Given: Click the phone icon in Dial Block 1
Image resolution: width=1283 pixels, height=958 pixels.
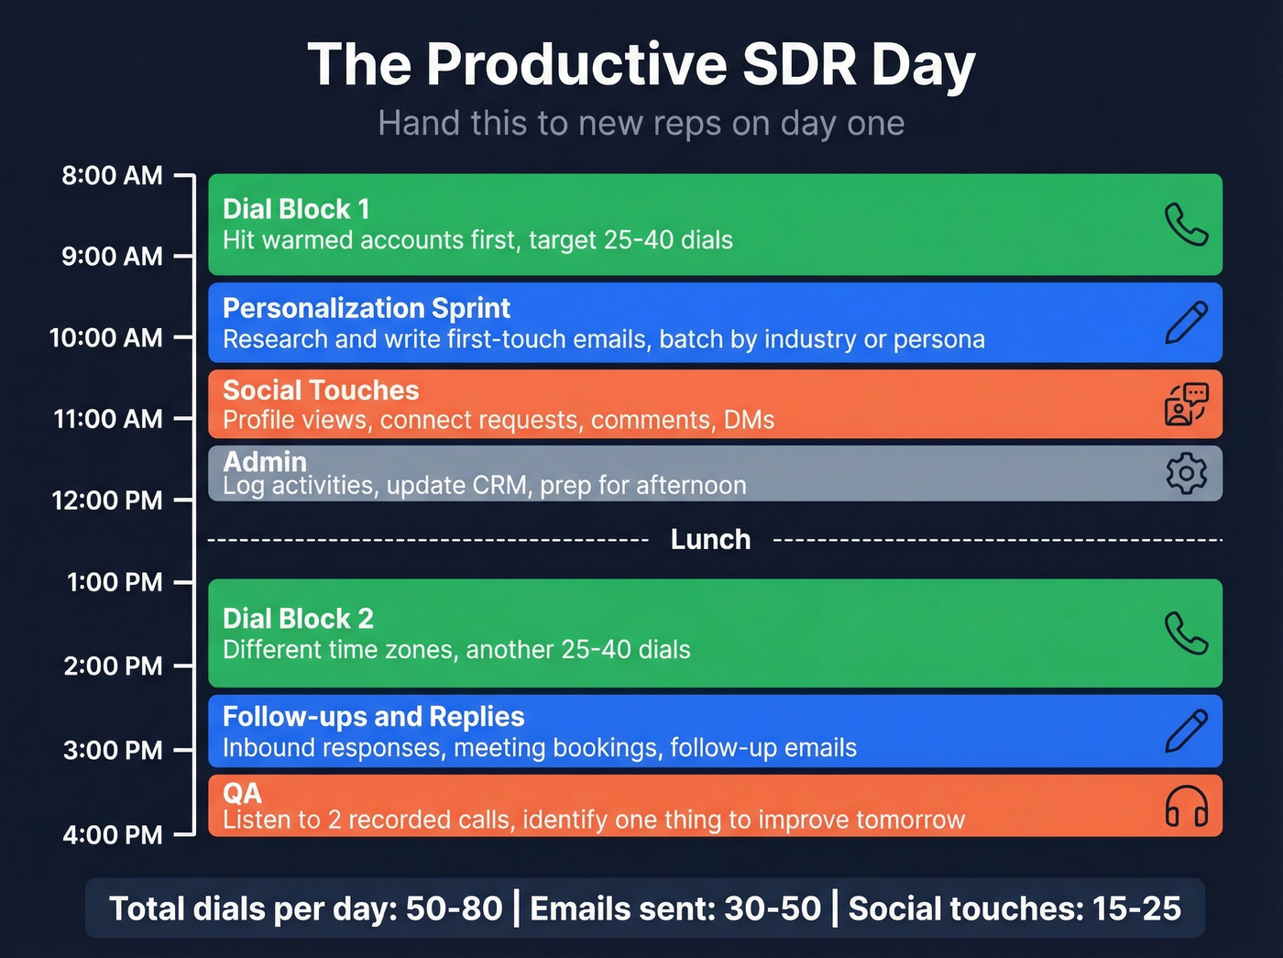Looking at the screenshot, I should tap(1186, 225).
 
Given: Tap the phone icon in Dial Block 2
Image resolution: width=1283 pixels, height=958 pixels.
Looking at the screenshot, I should tap(1186, 633).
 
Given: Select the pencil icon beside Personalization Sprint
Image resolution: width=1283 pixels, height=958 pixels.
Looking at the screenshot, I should tap(1186, 324).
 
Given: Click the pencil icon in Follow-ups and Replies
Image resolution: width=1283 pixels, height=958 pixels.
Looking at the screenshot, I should tap(1186, 732).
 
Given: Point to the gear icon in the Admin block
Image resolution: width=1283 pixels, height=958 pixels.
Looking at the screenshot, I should tap(1186, 473).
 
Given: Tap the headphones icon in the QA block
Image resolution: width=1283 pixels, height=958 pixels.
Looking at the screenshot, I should tap(1186, 807).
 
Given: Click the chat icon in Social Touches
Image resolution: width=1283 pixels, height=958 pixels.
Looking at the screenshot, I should tap(1186, 404).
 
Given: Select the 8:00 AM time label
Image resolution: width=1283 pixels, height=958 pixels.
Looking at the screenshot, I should tap(112, 175).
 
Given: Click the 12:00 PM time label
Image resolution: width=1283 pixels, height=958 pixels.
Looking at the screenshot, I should tap(107, 501).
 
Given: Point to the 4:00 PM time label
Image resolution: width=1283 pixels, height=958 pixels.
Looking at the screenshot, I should tap(112, 835).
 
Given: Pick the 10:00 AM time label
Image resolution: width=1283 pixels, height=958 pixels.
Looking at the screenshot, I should tap(105, 337).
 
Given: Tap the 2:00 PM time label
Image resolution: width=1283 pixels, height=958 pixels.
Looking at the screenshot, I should tap(112, 666).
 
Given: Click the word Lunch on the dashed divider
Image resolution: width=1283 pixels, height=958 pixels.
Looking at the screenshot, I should tap(710, 540).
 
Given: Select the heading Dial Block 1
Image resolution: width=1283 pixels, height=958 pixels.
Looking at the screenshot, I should tap(296, 209).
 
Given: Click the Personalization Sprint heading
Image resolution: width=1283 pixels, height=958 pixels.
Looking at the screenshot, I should tap(367, 308).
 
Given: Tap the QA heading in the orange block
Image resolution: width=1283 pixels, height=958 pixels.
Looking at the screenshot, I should tap(242, 793).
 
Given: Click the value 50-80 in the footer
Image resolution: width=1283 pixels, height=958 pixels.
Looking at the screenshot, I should tap(454, 908).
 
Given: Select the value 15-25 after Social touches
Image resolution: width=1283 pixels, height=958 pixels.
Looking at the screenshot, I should tap(1136, 908).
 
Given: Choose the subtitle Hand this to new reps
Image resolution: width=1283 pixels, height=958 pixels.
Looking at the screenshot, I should tap(641, 123).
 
